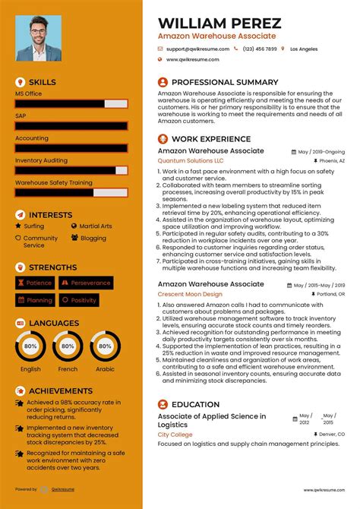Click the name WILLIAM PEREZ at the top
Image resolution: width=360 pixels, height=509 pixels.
219,23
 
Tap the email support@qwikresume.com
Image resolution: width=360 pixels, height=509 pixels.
196,49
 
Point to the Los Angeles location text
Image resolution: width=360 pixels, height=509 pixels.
304,49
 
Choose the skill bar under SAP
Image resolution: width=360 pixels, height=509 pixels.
71,126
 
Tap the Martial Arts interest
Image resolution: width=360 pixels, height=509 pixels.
95,226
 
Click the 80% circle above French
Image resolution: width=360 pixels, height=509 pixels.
68,346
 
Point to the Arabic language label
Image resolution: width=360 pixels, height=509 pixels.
105,369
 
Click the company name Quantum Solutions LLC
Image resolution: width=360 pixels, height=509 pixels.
191,161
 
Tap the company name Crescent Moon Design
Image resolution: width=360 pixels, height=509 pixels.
190,294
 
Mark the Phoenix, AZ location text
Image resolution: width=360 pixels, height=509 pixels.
332,161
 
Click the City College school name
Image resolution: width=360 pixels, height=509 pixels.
175,435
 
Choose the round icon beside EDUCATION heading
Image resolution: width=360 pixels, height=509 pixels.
163,405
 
